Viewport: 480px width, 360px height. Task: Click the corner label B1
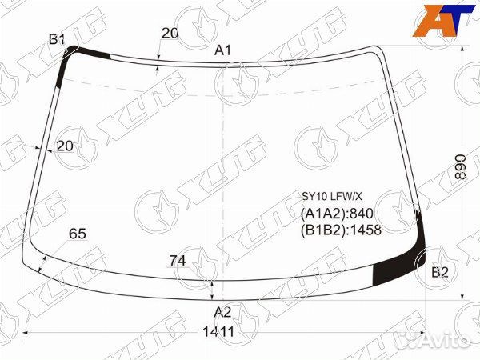point(57,39)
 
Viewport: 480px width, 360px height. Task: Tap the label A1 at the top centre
point(223,50)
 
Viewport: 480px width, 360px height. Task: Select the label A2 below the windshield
point(222,313)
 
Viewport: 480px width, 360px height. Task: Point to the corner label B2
point(440,272)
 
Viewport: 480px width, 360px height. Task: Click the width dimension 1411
point(219,332)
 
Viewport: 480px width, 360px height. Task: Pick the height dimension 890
point(460,167)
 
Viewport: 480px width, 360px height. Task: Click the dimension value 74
point(178,261)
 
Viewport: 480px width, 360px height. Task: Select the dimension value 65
point(78,234)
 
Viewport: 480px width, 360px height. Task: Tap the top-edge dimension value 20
point(170,33)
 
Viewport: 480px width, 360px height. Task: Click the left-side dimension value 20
point(66,146)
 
